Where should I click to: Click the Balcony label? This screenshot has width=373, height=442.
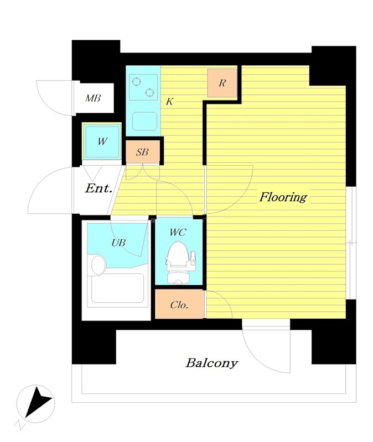click(x=212, y=363)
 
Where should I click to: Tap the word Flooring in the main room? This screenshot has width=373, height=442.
click(x=283, y=197)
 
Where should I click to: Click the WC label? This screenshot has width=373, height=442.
click(x=178, y=232)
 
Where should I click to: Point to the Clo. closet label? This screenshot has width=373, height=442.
click(x=179, y=305)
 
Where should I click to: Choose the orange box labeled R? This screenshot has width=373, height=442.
click(x=222, y=83)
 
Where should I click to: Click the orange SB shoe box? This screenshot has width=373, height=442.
click(x=143, y=152)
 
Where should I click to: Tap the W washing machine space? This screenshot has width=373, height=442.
click(x=102, y=141)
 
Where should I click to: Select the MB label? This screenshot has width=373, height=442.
click(x=93, y=98)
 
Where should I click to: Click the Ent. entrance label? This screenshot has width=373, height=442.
click(x=99, y=188)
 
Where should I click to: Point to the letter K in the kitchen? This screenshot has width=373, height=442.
click(x=169, y=102)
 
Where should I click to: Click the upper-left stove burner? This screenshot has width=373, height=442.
click(x=136, y=81)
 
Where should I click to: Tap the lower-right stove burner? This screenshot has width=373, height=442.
click(x=149, y=92)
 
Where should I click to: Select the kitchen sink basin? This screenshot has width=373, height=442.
click(x=144, y=121)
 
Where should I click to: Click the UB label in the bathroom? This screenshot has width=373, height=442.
click(x=118, y=243)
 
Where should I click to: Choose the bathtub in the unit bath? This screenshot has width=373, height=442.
click(x=117, y=288)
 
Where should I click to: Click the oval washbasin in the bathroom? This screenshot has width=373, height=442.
click(x=99, y=265)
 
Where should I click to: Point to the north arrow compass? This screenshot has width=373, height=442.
click(x=35, y=403)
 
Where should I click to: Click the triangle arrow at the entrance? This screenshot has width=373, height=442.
click(x=92, y=173)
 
